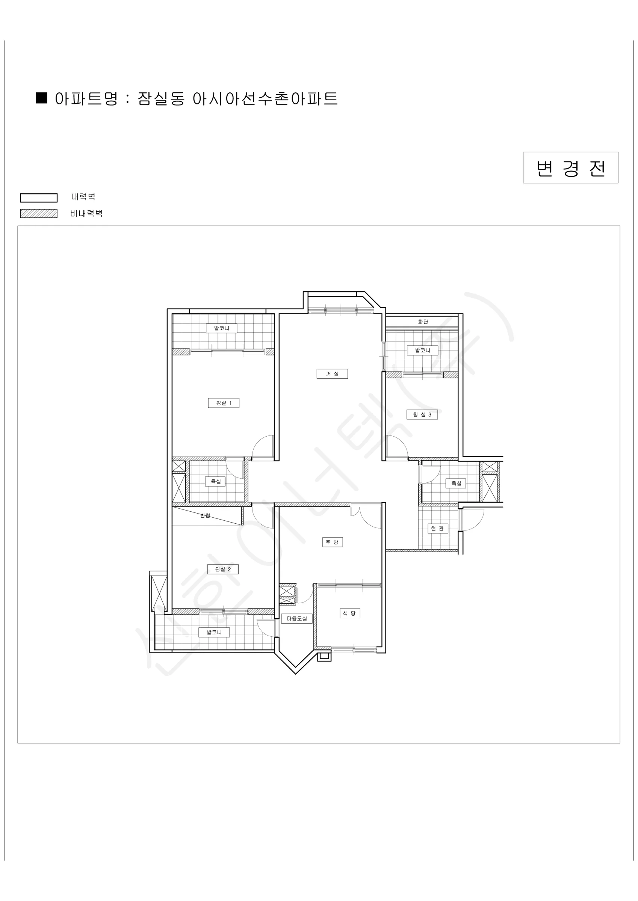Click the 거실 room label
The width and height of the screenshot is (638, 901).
tap(332, 374)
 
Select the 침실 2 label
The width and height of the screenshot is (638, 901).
tap(223, 570)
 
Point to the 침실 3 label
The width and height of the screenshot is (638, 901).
tap(422, 415)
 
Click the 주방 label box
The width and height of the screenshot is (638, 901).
tap(333, 542)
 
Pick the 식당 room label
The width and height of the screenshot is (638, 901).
tap(350, 613)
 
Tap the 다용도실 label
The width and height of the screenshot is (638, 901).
tap(296, 618)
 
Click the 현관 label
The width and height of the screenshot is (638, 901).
tap(438, 529)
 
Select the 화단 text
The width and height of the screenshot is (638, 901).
tap(423, 322)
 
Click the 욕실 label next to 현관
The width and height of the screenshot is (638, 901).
tap(456, 483)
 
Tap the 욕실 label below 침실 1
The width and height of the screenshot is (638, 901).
tap(215, 481)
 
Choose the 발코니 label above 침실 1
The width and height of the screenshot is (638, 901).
tap(222, 328)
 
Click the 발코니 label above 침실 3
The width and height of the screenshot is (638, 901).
tap(422, 350)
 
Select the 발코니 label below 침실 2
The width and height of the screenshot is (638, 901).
tap(214, 632)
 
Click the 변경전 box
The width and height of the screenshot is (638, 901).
tap(570, 167)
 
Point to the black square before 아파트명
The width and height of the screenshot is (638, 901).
tap(42, 98)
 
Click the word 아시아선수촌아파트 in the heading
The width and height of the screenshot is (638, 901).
tap(265, 99)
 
